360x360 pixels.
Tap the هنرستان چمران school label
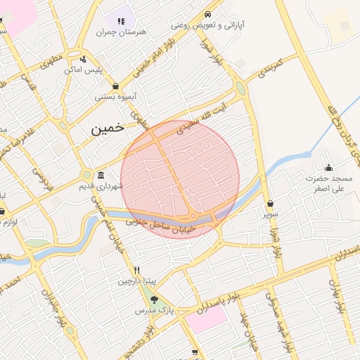120,32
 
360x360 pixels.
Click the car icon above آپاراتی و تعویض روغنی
207,14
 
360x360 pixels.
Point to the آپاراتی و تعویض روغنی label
207,25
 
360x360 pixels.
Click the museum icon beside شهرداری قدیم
101,175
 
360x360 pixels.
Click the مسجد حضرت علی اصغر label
329,184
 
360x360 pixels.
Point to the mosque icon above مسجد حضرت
328,167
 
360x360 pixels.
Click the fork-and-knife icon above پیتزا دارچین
137,270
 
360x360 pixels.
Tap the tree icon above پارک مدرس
154,301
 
